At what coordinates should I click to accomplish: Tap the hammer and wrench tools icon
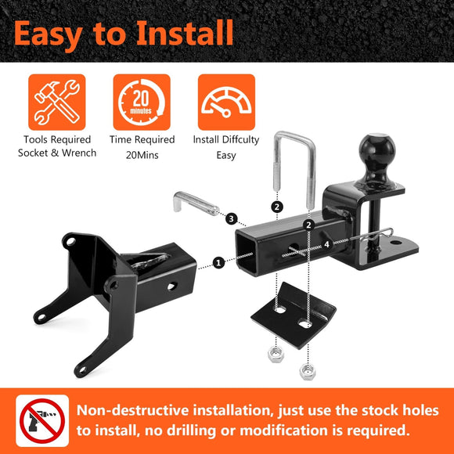[56, 102]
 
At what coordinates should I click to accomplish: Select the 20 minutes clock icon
[141, 102]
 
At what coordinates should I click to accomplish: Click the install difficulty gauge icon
[225, 102]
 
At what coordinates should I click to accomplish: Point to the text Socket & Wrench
[57, 153]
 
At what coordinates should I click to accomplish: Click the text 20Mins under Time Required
[141, 154]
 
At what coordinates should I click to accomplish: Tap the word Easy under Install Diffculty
[225, 155]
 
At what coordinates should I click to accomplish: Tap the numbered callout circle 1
[218, 263]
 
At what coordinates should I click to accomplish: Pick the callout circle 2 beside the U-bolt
[276, 207]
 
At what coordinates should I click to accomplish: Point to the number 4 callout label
[326, 245]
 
